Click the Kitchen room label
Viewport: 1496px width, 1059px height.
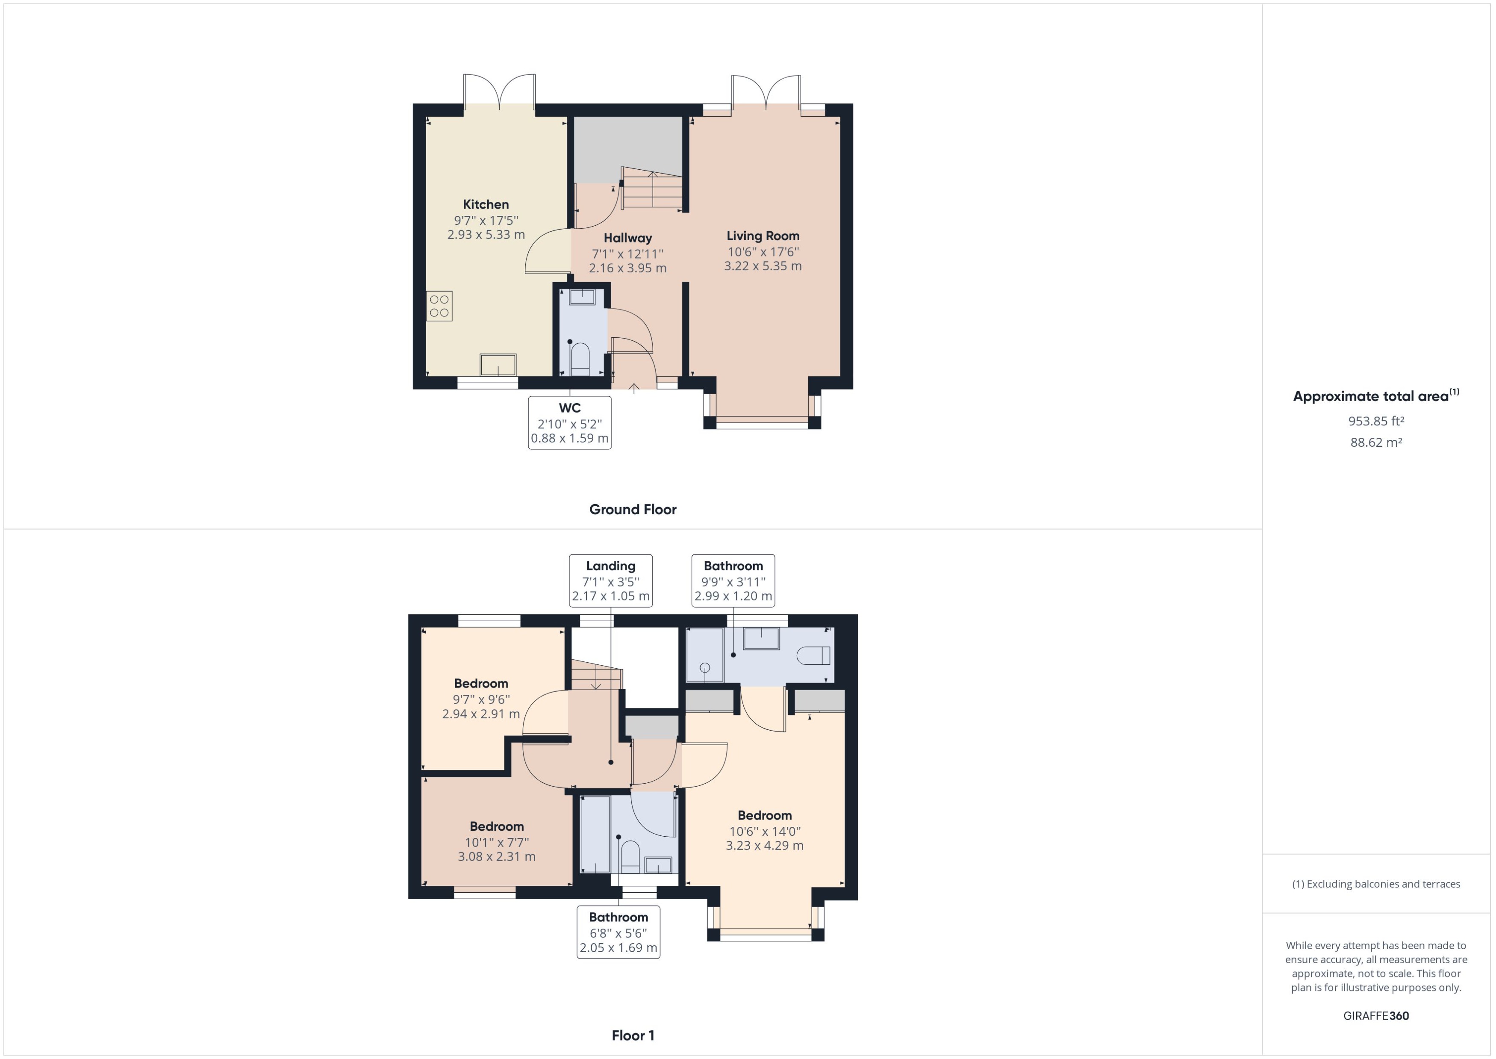(486, 204)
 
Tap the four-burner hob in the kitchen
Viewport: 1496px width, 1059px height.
(439, 306)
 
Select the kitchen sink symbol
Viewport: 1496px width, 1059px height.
(498, 365)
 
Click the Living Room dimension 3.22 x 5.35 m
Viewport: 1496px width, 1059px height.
(763, 266)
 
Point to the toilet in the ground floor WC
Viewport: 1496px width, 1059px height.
(580, 359)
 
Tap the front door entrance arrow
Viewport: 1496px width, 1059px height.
(633, 389)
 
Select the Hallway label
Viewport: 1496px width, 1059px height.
(627, 238)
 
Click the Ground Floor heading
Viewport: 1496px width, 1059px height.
(632, 509)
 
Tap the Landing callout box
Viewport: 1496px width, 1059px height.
(610, 580)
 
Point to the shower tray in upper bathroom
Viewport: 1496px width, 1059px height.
(705, 655)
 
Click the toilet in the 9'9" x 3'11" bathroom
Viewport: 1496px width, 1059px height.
(814, 655)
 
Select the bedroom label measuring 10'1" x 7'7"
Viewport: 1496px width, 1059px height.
(496, 826)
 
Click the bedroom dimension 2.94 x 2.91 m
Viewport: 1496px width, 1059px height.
(481, 714)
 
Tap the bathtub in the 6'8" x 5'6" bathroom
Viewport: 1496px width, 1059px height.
(595, 834)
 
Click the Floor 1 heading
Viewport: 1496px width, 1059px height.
(632, 1035)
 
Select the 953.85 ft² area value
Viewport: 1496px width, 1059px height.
(1375, 421)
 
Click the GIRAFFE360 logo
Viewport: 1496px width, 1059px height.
(1375, 1015)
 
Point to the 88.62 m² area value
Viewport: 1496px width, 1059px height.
(1375, 442)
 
